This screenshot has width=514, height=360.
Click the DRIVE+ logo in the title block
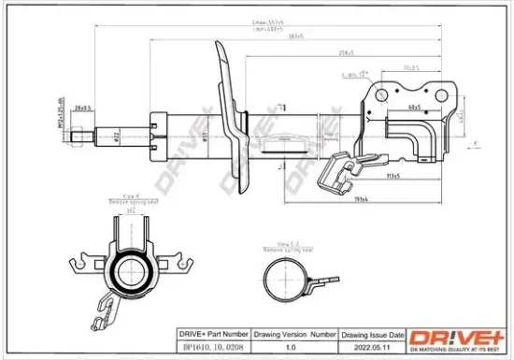point(458,339)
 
